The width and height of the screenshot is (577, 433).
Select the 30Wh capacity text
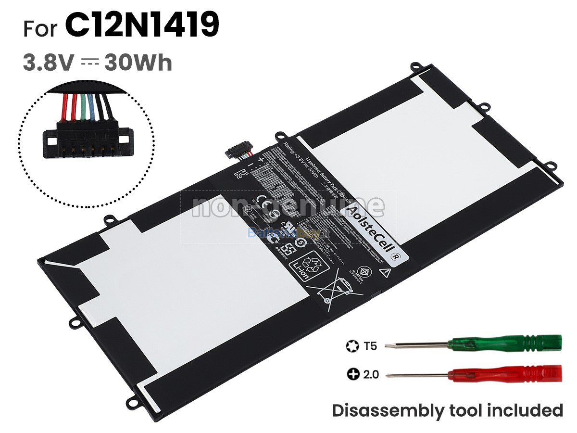point(139,63)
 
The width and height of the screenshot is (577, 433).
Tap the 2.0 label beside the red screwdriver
point(371,374)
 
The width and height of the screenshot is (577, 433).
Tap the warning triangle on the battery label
point(384,272)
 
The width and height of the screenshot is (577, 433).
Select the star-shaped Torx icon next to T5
point(351,345)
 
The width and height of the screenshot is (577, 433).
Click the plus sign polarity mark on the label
point(262,159)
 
